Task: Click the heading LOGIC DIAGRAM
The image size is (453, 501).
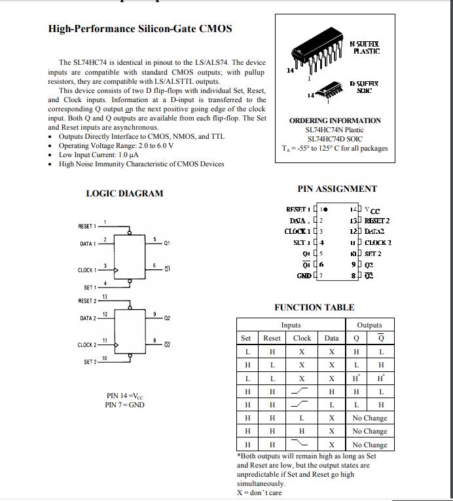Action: pyautogui.click(x=124, y=193)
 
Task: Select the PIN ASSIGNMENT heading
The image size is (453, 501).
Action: pyautogui.click(x=337, y=189)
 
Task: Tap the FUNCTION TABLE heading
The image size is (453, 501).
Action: pyautogui.click(x=314, y=307)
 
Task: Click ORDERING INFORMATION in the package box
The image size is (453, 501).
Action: pyautogui.click(x=335, y=121)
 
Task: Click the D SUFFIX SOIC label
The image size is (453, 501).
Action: pyautogui.click(x=363, y=87)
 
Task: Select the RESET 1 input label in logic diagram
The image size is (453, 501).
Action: pyautogui.click(x=87, y=227)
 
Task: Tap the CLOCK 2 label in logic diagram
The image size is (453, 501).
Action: pyautogui.click(x=86, y=345)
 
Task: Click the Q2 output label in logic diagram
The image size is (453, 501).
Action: pyautogui.click(x=168, y=318)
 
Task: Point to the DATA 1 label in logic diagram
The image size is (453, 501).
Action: pyautogui.click(x=88, y=244)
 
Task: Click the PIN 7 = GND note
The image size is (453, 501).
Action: pyautogui.click(x=124, y=405)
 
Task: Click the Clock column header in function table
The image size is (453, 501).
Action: pyautogui.click(x=302, y=338)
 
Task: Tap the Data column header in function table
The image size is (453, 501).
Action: pyautogui.click(x=332, y=338)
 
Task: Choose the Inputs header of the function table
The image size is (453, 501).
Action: pyautogui.click(x=291, y=325)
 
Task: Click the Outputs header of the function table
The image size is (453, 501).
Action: pyautogui.click(x=369, y=325)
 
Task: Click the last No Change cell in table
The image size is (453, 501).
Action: pyautogui.click(x=369, y=445)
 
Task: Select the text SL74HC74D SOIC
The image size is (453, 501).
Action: pyautogui.click(x=335, y=139)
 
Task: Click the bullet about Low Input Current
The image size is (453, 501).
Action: pyautogui.click(x=98, y=155)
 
